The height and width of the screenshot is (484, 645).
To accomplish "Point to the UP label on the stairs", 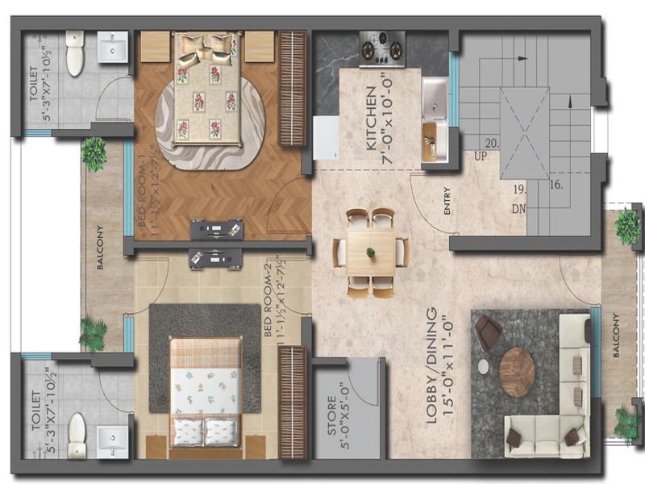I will click(x=482, y=156).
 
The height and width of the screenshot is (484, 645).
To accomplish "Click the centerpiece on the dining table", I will click(x=371, y=252).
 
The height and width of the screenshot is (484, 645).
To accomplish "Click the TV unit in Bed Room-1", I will click(x=216, y=229).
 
